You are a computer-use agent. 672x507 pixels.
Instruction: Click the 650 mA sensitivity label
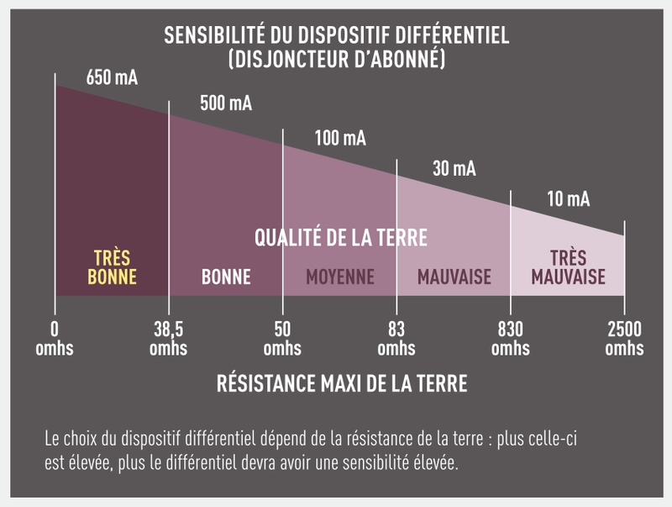coord(112,78)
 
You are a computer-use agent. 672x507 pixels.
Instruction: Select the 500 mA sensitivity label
coord(226,104)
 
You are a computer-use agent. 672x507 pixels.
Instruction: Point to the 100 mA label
coord(340,138)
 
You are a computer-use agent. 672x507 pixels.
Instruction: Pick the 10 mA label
coord(568,199)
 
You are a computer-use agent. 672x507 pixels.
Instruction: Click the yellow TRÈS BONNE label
coord(112,267)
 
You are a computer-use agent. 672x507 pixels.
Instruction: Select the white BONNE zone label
coord(226,277)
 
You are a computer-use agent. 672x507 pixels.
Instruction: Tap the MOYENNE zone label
coord(340,277)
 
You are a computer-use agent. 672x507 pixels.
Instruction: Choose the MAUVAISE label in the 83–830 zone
coord(454,277)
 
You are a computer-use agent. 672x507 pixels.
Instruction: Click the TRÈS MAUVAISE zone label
coord(569,267)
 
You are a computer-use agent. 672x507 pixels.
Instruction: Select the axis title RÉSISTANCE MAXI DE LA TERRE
coord(341,384)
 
